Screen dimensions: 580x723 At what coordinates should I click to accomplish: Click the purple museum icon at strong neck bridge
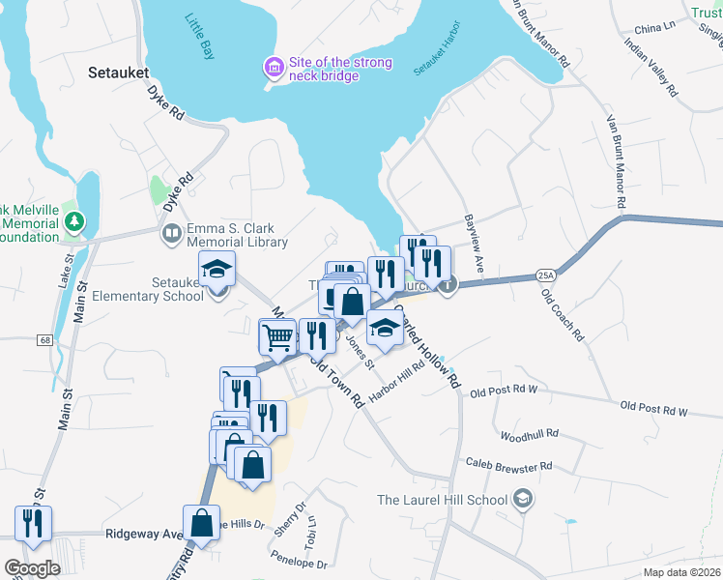(275, 67)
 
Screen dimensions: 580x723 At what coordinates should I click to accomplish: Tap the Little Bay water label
(199, 38)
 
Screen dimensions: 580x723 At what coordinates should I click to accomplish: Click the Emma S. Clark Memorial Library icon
(171, 233)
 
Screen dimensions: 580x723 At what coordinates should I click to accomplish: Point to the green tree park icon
(73, 223)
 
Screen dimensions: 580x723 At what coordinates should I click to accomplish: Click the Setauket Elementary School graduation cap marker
(217, 269)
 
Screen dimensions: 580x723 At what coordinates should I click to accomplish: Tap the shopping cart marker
(277, 336)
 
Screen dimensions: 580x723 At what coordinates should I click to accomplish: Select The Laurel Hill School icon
(523, 499)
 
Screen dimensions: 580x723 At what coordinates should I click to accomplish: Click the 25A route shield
(545, 275)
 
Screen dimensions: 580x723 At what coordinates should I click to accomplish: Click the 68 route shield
(45, 339)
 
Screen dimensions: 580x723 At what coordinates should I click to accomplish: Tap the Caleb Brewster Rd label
(507, 466)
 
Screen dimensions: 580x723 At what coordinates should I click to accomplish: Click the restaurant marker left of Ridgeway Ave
(33, 523)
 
